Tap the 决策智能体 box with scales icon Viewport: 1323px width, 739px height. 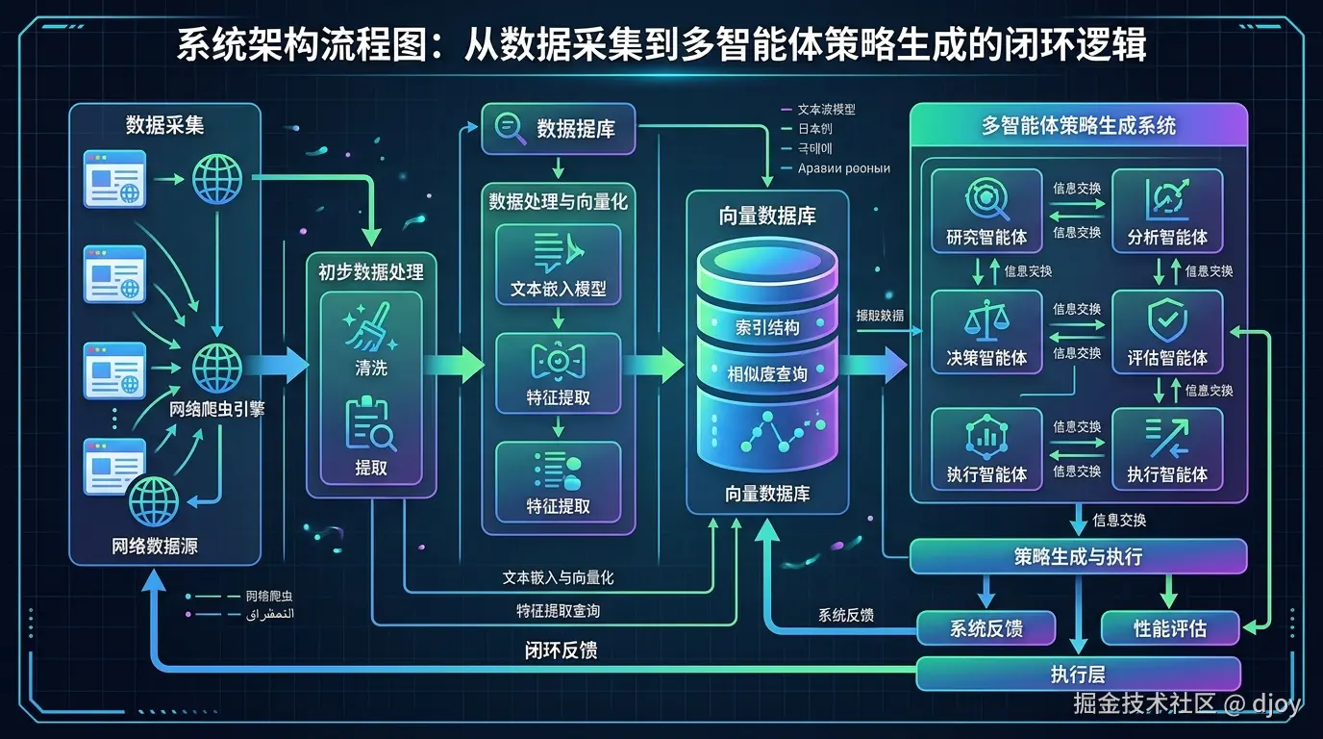click(x=986, y=331)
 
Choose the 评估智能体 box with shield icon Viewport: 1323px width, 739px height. click(x=1167, y=331)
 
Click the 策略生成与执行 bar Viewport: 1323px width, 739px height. click(x=1078, y=556)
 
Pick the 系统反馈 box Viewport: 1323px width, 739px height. click(x=986, y=628)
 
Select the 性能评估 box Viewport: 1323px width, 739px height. click(x=1169, y=628)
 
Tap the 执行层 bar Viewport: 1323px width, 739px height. click(x=1078, y=674)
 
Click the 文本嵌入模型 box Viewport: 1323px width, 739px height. click(x=558, y=264)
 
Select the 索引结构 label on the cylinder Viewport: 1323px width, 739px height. click(x=767, y=327)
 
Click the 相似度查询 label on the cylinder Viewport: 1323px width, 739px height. click(x=767, y=373)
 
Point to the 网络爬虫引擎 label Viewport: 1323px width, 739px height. click(x=217, y=409)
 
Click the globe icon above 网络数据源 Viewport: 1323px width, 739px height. click(x=154, y=500)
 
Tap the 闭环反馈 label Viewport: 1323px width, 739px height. click(x=561, y=650)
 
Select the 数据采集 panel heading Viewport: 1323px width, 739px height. click(x=164, y=125)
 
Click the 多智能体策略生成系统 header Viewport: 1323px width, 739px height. click(x=1078, y=125)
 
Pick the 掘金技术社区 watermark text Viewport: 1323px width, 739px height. click(x=1144, y=703)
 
